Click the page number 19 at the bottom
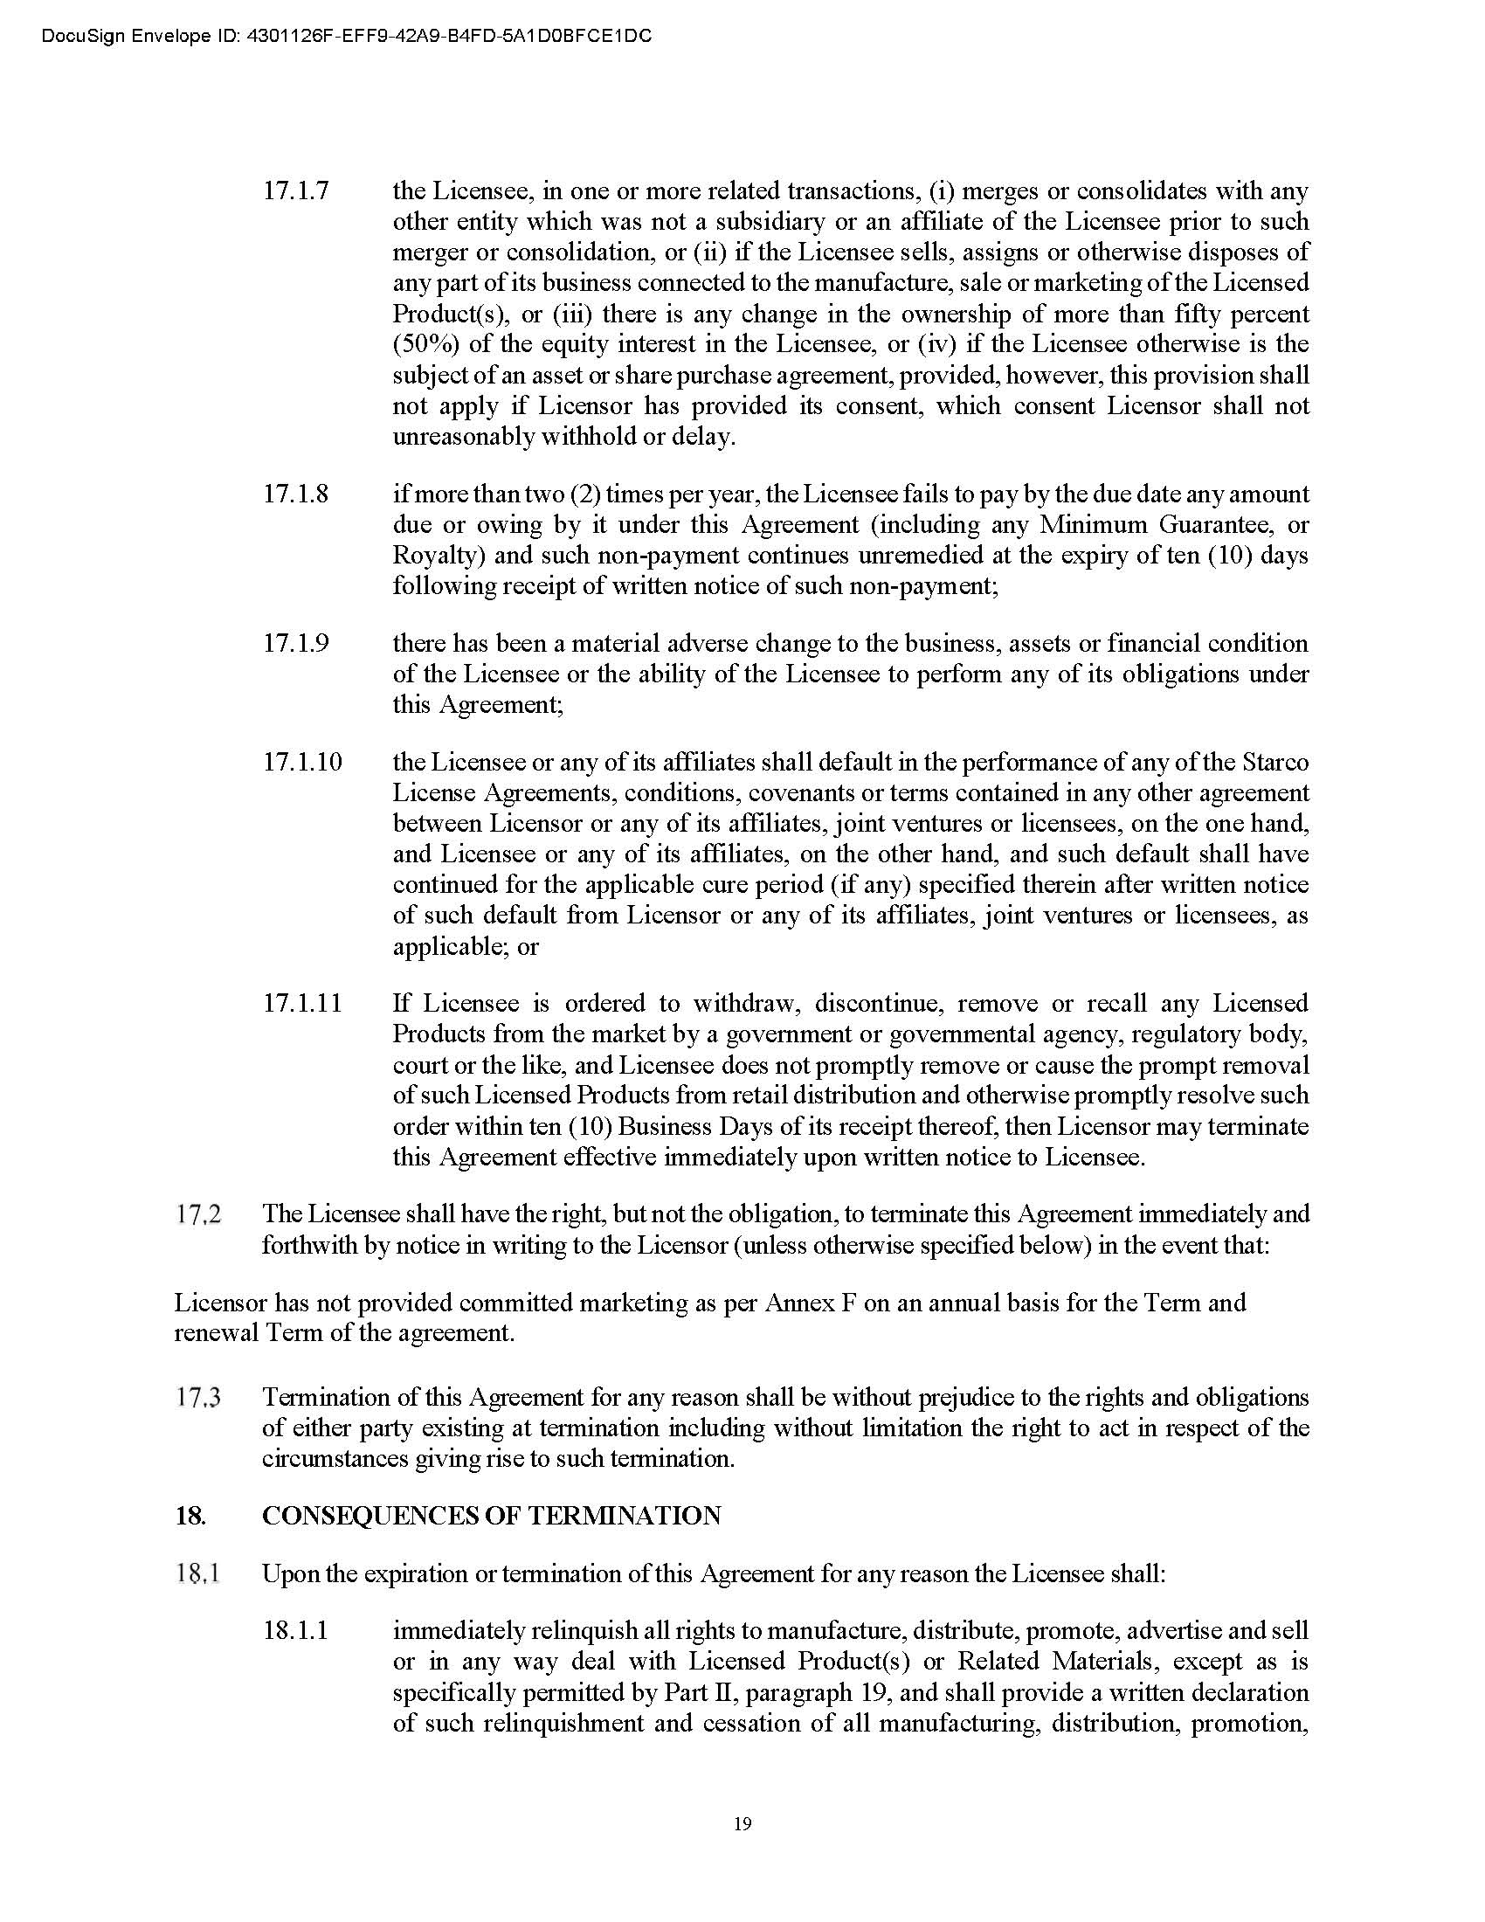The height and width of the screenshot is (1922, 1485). [742, 1822]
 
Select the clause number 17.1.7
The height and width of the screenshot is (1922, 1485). [295, 191]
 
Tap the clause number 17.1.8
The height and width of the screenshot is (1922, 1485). [295, 494]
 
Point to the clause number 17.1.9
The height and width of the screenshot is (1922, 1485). [295, 643]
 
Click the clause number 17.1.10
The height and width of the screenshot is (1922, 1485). [301, 761]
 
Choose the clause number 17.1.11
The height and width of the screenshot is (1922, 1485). [301, 1003]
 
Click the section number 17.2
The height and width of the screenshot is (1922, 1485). [198, 1214]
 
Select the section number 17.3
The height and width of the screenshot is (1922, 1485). [198, 1398]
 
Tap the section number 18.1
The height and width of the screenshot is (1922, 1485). [198, 1573]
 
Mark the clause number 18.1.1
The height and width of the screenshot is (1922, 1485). [295, 1631]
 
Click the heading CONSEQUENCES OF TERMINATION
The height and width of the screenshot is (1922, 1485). [491, 1516]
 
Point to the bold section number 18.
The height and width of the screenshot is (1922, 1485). [190, 1516]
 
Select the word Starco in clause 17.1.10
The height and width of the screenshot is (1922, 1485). [1275, 761]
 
